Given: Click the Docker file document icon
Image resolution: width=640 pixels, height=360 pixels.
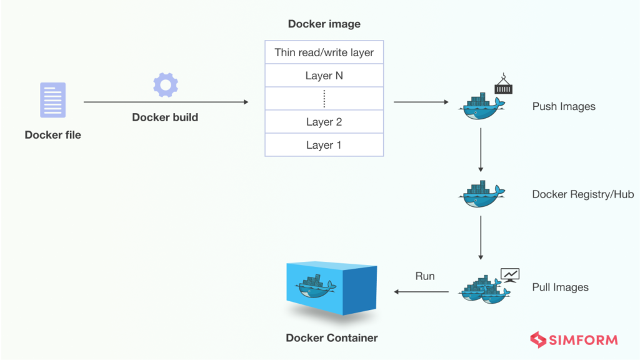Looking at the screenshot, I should tap(52, 101).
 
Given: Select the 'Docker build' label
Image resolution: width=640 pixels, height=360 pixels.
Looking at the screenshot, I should tap(165, 117).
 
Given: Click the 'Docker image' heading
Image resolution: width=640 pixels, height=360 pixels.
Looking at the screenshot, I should tap(324, 24).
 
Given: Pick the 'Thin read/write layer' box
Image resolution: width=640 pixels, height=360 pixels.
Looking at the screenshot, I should tap(324, 52).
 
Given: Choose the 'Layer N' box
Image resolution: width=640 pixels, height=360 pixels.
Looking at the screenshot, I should tap(324, 76).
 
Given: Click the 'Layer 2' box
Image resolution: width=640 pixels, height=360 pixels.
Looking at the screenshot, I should tap(324, 122).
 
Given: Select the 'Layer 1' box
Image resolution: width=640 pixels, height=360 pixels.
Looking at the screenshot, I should tap(324, 145).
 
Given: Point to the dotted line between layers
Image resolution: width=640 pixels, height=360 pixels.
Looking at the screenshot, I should tap(324, 99).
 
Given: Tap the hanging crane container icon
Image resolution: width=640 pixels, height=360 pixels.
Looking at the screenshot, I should tap(503, 84).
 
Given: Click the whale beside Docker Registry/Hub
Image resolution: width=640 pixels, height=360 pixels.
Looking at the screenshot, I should tap(480, 194).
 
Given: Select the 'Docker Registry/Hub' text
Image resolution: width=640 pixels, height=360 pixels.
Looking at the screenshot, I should tap(582, 194).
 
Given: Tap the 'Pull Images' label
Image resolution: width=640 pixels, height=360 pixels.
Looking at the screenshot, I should tap(560, 287).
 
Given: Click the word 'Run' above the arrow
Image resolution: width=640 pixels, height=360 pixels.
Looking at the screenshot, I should tap(425, 276).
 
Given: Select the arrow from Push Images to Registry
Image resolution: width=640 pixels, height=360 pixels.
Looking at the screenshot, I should tap(481, 150).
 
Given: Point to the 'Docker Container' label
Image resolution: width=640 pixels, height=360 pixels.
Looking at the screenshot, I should tap(332, 338).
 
